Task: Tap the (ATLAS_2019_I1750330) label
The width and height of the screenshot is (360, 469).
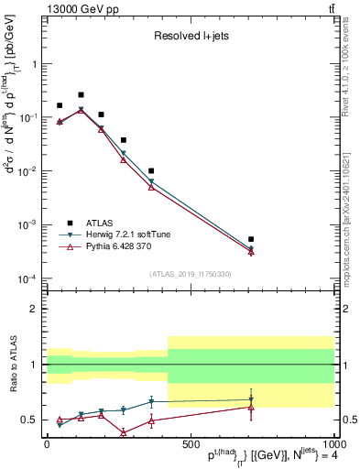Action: (190, 274)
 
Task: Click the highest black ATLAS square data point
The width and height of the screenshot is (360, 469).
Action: (81, 94)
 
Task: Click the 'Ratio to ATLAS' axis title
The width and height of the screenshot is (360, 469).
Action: (13, 364)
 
